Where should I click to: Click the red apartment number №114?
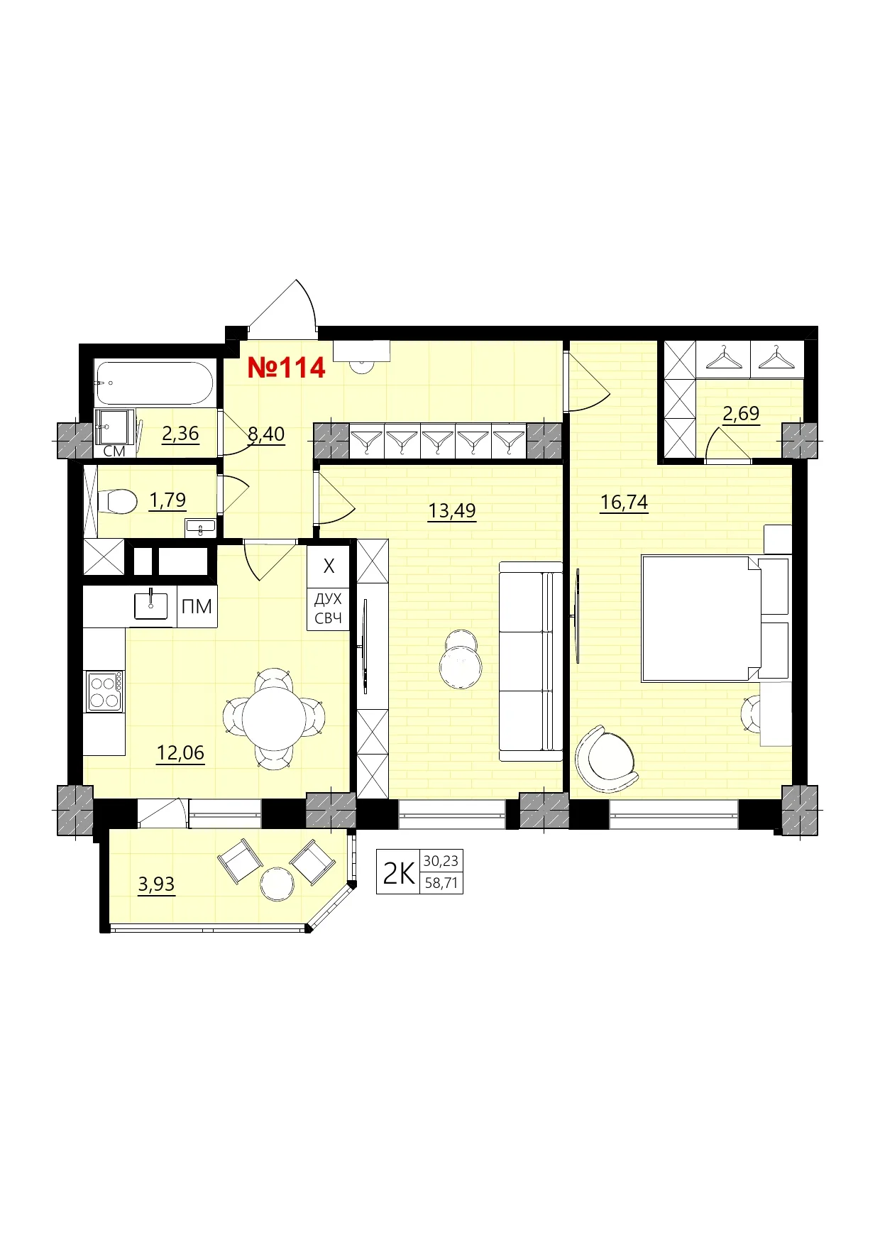click(286, 368)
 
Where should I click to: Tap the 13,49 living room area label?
click(452, 510)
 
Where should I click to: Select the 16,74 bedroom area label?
click(624, 503)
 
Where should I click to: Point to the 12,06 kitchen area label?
click(180, 752)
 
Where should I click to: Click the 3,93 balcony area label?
click(156, 884)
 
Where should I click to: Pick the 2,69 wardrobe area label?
click(741, 413)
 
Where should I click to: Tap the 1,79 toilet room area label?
click(167, 500)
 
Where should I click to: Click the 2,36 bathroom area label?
click(180, 434)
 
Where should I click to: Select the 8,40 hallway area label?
click(266, 434)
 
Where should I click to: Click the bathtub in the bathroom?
click(154, 383)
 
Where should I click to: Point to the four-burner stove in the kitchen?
click(104, 691)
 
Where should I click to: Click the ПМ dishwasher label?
click(197, 607)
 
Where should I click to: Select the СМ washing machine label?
click(114, 451)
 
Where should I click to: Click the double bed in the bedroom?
click(699, 618)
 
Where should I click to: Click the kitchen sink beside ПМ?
click(151, 605)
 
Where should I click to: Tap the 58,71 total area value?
click(441, 883)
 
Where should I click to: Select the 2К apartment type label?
click(398, 873)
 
